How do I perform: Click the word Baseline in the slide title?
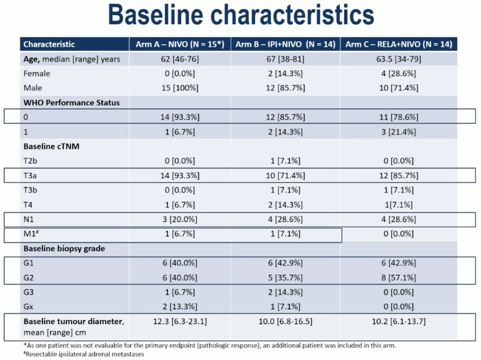click(156, 15)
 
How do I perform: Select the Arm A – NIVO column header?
click(180, 44)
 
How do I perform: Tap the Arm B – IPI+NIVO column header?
click(285, 44)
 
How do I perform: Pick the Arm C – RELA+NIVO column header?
click(399, 44)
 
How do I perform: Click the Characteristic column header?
click(49, 44)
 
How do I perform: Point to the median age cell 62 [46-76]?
click(180, 59)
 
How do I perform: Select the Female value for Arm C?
click(399, 73)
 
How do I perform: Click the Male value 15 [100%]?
click(180, 88)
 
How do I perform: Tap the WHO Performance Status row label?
click(71, 102)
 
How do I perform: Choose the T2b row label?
click(30, 161)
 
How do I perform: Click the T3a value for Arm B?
click(285, 175)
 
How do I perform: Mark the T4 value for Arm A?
click(180, 205)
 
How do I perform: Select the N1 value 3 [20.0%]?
click(180, 220)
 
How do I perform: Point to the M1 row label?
click(31, 233)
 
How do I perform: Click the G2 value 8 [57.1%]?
click(399, 277)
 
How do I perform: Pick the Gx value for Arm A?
click(180, 307)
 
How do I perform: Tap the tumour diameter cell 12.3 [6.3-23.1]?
click(180, 322)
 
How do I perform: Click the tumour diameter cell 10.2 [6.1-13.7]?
click(399, 322)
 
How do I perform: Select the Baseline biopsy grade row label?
click(64, 248)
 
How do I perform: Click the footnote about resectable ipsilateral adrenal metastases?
click(84, 354)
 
